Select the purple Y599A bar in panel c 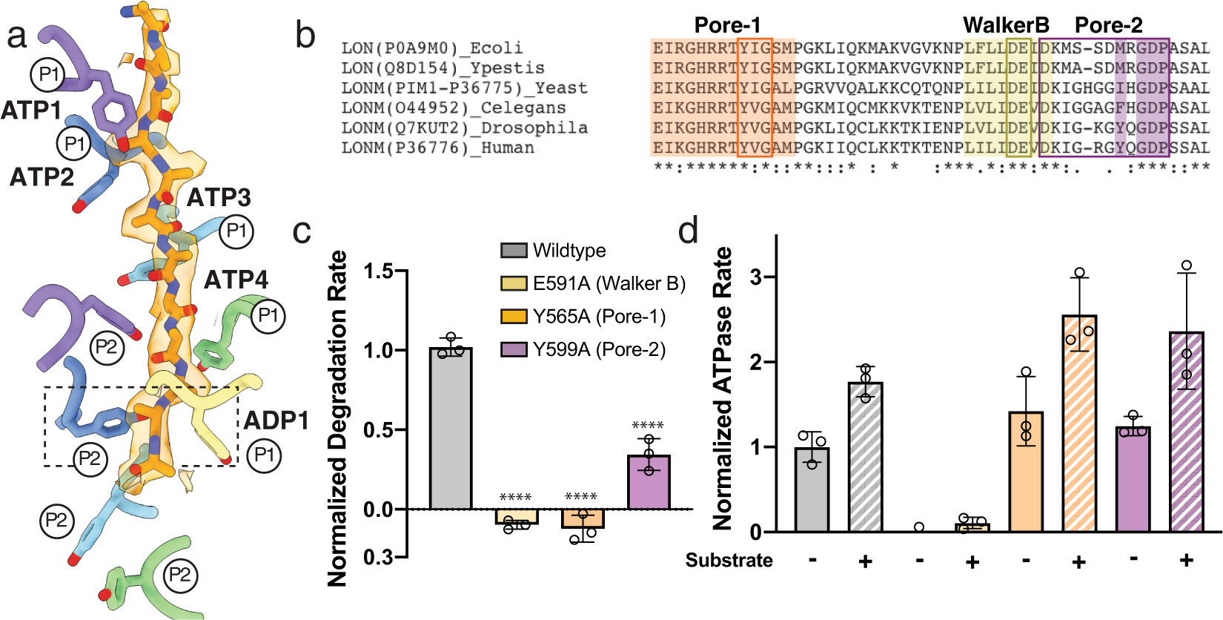click(649, 482)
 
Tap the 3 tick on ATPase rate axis click(756, 277)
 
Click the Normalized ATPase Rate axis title click(722, 389)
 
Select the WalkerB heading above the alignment click(1005, 25)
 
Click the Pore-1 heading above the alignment click(727, 25)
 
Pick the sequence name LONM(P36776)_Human click(437, 148)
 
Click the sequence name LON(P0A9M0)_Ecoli click(432, 48)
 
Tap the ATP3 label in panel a click(219, 197)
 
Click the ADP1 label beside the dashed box click(276, 421)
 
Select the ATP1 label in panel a click(31, 111)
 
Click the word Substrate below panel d click(729, 560)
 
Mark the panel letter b click(305, 35)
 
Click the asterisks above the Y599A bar click(647, 426)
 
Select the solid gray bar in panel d click(812, 489)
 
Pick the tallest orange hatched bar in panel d click(1079, 423)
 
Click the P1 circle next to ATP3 click(236, 231)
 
